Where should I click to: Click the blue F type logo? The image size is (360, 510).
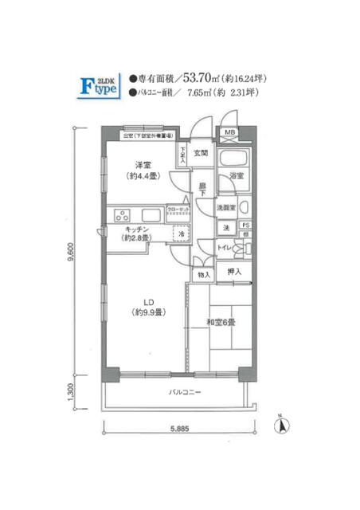101,85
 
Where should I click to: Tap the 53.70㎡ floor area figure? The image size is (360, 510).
201,78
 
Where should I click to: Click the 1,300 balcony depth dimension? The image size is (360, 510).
71,393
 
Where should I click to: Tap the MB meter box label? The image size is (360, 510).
229,132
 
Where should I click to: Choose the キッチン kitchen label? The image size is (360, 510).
133,232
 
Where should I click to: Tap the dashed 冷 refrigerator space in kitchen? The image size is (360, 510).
182,234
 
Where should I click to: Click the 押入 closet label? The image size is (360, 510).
234,272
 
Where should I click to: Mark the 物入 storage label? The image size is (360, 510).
202,275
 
